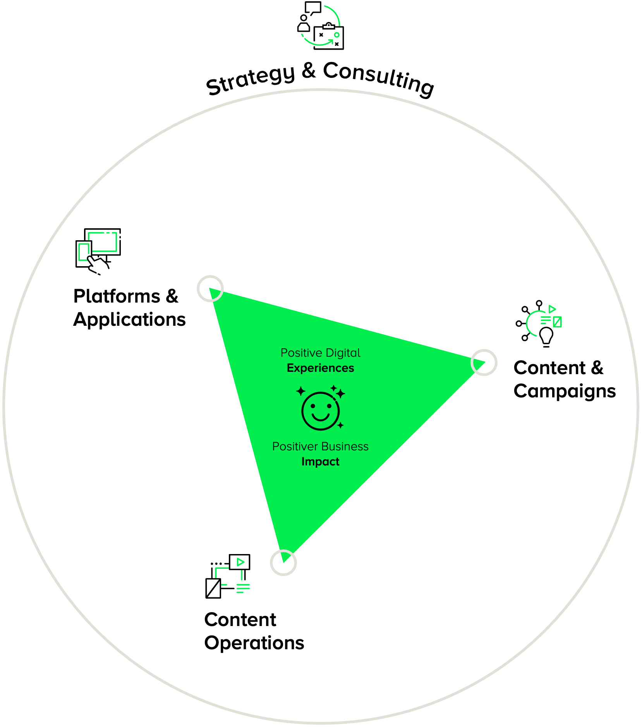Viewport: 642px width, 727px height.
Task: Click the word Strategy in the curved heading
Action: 250,79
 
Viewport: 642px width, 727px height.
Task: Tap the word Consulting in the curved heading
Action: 379,79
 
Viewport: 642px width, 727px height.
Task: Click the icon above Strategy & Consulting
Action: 321,26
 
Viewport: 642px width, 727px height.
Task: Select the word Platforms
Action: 117,296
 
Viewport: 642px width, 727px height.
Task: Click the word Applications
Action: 130,320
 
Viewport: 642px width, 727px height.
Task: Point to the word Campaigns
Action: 565,391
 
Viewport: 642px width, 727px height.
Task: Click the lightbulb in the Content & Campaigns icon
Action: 546,336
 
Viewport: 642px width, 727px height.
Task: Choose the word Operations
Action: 254,643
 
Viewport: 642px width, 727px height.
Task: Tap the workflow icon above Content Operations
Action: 228,576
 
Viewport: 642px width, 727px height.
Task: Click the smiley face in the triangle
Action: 321,411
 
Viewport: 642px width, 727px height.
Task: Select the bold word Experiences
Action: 320,368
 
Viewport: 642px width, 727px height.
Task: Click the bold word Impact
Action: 320,462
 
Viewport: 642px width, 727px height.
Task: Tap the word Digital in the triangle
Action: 343,353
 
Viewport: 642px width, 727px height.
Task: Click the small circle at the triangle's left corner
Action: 210,289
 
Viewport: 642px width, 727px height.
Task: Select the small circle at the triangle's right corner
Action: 484,363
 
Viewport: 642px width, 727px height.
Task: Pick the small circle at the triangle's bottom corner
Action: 283,563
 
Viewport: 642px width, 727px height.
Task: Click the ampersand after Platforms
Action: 172,296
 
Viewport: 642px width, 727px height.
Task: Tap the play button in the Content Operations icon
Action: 240,562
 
